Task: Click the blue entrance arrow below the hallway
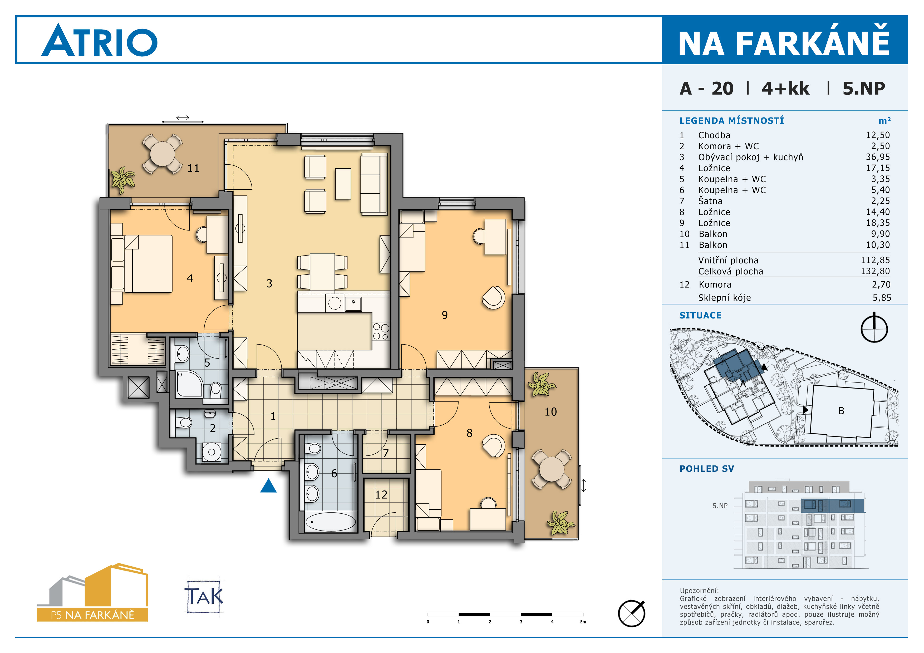(x=268, y=486)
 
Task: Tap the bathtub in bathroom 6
(x=330, y=522)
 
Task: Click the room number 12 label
(x=381, y=494)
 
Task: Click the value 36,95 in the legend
(x=878, y=157)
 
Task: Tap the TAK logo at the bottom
(x=204, y=596)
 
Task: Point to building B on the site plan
(x=841, y=411)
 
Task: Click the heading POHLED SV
(x=707, y=469)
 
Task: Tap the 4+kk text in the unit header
(x=785, y=89)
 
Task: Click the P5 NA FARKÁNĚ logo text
(x=92, y=615)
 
